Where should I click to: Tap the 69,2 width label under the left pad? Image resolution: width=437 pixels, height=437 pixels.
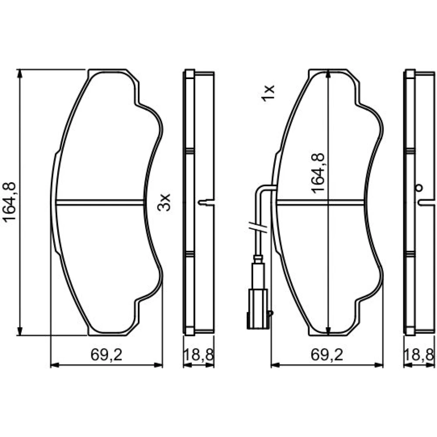pos(107,355)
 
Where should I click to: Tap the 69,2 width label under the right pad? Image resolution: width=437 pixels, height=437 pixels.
pos(327,355)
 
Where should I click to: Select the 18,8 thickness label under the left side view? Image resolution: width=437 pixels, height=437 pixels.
pos(198,355)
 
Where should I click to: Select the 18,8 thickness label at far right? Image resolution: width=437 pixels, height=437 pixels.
pos(419,355)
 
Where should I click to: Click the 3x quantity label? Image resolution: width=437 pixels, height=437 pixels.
pos(163,202)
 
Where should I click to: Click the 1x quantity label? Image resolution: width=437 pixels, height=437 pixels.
pos(268,93)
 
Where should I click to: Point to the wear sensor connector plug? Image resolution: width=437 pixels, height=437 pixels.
pos(258,309)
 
